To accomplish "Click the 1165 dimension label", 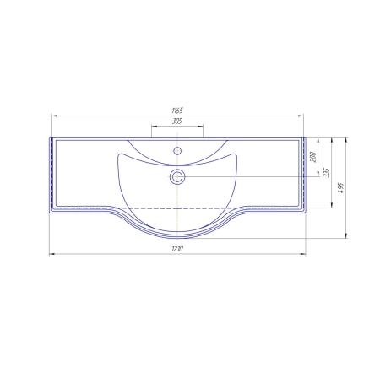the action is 177,111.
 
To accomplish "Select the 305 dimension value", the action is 177,121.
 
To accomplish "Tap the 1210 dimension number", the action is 177,249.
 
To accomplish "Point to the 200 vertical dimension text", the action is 313,157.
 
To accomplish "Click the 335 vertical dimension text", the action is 327,172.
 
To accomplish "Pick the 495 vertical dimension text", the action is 341,188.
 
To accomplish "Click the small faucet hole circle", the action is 177,151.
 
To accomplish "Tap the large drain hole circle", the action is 177,177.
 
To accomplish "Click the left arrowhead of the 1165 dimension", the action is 54,116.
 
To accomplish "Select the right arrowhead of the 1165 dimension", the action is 301,116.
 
